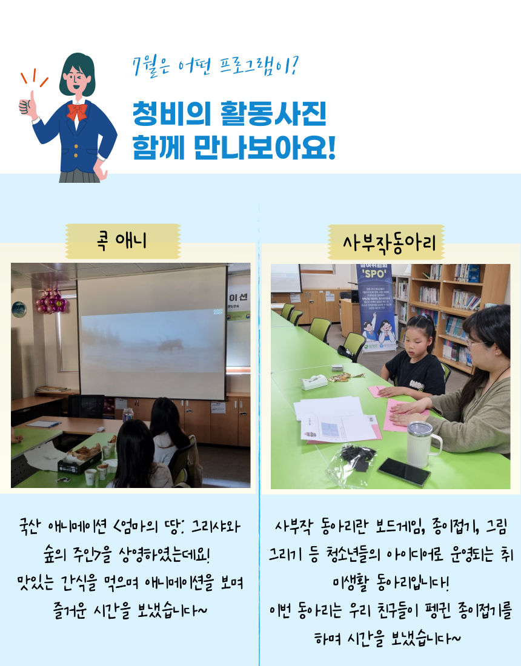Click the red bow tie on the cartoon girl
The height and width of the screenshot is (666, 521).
[77, 111]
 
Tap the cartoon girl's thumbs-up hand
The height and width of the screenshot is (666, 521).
[28, 105]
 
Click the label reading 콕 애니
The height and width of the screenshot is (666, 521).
[122, 241]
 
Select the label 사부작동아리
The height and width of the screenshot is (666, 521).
[390, 243]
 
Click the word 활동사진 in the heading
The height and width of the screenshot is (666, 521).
[273, 114]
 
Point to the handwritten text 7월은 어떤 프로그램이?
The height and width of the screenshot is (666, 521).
[216, 67]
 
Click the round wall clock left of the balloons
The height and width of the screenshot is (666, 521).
[19, 309]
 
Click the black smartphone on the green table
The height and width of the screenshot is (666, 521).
[404, 472]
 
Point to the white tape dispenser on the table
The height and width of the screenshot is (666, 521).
[314, 382]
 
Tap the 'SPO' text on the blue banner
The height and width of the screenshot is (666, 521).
[374, 274]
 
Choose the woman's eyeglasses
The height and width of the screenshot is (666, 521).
[476, 342]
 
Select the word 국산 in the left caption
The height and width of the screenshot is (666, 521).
[32, 527]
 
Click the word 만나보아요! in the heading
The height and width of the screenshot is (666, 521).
[264, 147]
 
